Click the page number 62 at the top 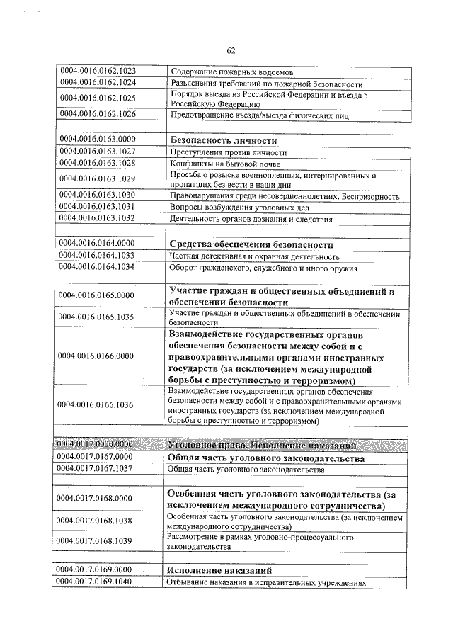coord(231,50)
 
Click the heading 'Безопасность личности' coord(222,140)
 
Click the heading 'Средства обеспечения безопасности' coord(251,244)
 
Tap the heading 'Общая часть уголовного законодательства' coord(265,458)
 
